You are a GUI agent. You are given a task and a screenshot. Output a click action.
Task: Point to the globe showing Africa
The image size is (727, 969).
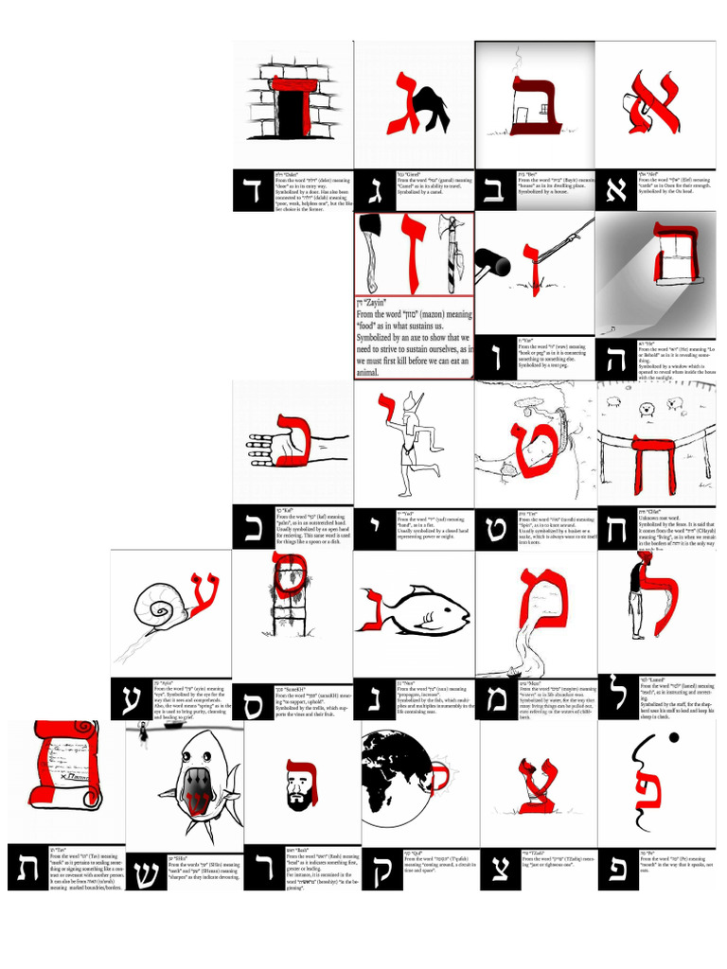396,772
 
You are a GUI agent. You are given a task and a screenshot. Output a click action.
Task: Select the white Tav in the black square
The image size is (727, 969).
25,868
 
